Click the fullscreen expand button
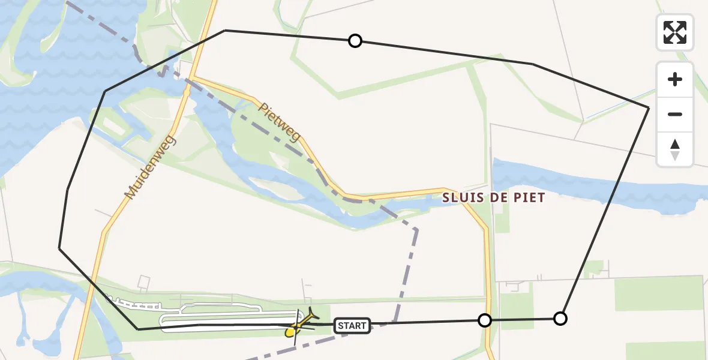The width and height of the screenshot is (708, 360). point(675,32)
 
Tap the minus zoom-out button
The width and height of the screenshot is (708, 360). point(675,114)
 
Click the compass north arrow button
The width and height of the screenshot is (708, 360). point(675,149)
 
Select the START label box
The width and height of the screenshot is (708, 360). point(352,326)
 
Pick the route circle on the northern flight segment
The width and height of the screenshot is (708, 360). point(355,41)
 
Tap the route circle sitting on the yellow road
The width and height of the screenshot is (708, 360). point(485,320)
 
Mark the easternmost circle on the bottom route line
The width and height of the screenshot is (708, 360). point(560,319)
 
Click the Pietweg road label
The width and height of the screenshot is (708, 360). point(280,122)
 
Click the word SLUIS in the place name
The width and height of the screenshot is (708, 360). point(462,197)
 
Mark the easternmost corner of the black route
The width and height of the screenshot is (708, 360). point(649,107)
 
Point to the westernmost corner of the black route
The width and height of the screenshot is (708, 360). point(59,248)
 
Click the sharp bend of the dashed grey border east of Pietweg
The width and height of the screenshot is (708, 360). point(416,229)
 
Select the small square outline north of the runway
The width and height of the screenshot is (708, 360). point(144,281)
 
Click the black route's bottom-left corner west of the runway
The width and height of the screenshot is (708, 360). point(138,329)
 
